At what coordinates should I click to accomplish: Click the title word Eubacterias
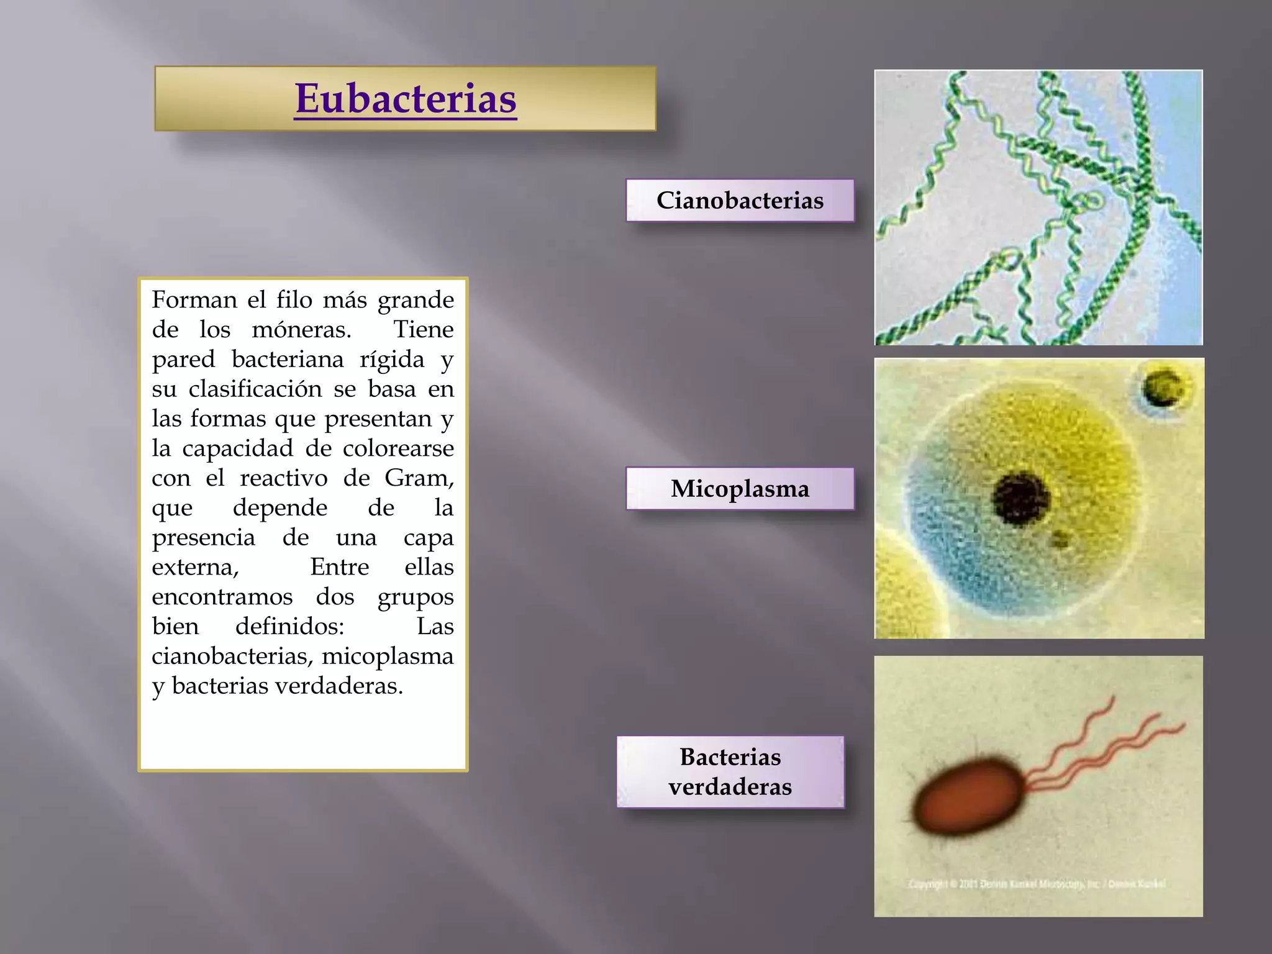click(406, 99)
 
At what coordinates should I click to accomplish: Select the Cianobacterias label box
click(740, 201)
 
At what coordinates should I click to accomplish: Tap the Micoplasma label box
click(740, 489)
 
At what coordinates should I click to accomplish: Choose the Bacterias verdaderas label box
click(730, 772)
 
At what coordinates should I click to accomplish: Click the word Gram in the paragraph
click(419, 478)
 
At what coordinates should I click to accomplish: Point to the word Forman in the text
click(194, 300)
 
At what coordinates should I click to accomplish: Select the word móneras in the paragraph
click(301, 330)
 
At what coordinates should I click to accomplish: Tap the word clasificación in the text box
click(255, 389)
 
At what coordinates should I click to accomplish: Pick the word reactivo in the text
click(284, 478)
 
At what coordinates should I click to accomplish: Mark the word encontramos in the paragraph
click(222, 597)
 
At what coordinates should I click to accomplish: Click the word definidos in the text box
click(289, 627)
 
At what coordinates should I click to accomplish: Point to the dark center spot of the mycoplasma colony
click(1020, 497)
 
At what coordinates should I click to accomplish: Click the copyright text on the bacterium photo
click(1037, 884)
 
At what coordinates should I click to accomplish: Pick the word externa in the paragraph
click(194, 568)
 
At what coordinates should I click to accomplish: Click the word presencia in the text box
click(203, 538)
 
